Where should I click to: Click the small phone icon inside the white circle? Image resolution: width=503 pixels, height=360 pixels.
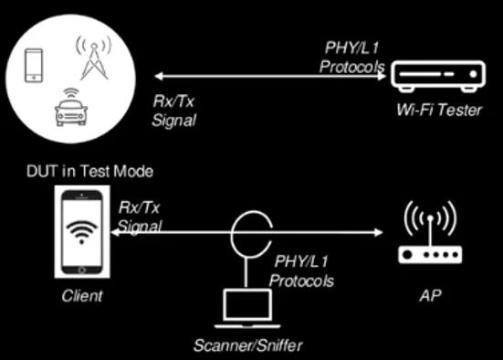point(34,63)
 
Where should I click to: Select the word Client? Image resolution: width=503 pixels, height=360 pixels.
point(82,295)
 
